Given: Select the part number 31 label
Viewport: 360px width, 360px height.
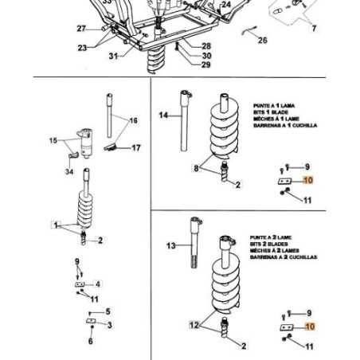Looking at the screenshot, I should [x=113, y=56].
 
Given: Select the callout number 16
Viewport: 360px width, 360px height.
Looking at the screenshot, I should [x=133, y=120].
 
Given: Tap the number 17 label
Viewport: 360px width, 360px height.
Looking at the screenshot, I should [x=136, y=147].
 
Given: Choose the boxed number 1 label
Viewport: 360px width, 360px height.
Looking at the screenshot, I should [x=56, y=225].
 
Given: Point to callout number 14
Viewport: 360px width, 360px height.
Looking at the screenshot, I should [x=163, y=115].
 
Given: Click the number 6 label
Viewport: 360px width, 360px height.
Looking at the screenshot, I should [x=90, y=341].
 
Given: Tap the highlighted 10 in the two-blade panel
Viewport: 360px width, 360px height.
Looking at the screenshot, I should [x=310, y=327].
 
